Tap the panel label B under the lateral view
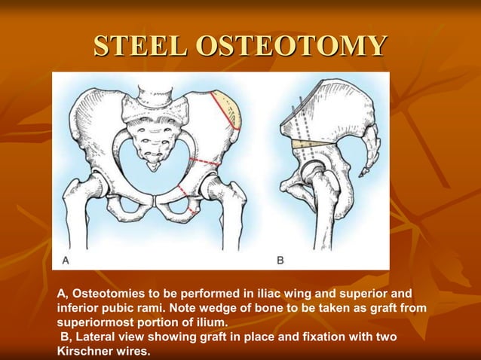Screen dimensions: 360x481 tap(280, 260)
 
